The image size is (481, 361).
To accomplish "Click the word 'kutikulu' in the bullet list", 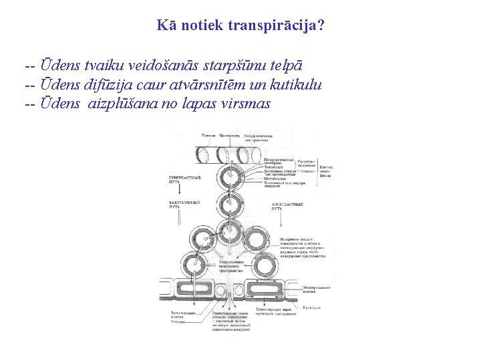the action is [x=295, y=85].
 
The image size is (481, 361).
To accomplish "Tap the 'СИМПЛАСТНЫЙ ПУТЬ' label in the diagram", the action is [x=182, y=180].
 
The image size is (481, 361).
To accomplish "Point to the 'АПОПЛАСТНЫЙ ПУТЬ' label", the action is [x=288, y=205].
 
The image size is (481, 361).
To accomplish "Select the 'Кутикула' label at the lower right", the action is [x=312, y=308].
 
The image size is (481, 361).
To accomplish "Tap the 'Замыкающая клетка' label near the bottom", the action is [x=182, y=316].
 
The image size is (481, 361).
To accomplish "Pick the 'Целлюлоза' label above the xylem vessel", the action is [x=230, y=136].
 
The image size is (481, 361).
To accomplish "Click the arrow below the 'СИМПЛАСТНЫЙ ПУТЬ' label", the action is [x=182, y=191].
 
